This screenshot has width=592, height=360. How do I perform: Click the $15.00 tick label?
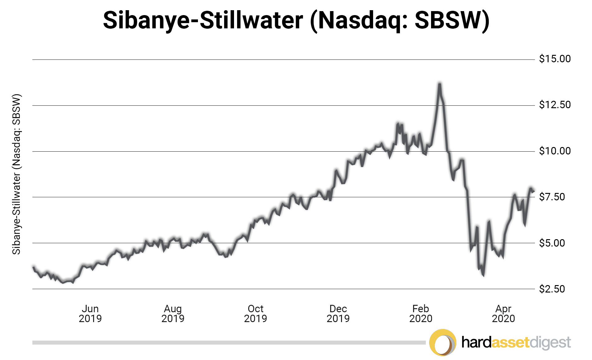tap(554, 59)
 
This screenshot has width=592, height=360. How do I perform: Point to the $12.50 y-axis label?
tap(554, 105)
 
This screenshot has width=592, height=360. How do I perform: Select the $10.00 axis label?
tap(554, 151)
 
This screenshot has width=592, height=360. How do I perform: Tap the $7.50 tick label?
tap(552, 197)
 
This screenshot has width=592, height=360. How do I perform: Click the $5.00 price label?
tap(552, 243)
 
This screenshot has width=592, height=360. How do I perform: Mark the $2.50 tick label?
tap(552, 289)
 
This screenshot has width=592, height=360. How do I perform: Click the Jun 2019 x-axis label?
tap(90, 313)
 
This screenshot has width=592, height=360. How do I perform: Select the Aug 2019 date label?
tap(173, 313)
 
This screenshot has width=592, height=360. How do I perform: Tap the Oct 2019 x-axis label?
tap(255, 313)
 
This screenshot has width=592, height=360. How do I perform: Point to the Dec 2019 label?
tap(338, 313)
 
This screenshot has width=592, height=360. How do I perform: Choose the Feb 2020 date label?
tap(421, 313)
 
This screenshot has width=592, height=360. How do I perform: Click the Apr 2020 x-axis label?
tap(503, 313)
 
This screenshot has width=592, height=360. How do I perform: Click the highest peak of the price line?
tap(439, 84)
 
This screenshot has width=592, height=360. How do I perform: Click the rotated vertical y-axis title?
tap(16, 174)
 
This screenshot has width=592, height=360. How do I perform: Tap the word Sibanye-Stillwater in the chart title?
tap(203, 20)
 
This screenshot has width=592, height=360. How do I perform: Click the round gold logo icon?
tap(442, 342)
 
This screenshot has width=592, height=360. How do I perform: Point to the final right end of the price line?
tap(533, 191)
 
